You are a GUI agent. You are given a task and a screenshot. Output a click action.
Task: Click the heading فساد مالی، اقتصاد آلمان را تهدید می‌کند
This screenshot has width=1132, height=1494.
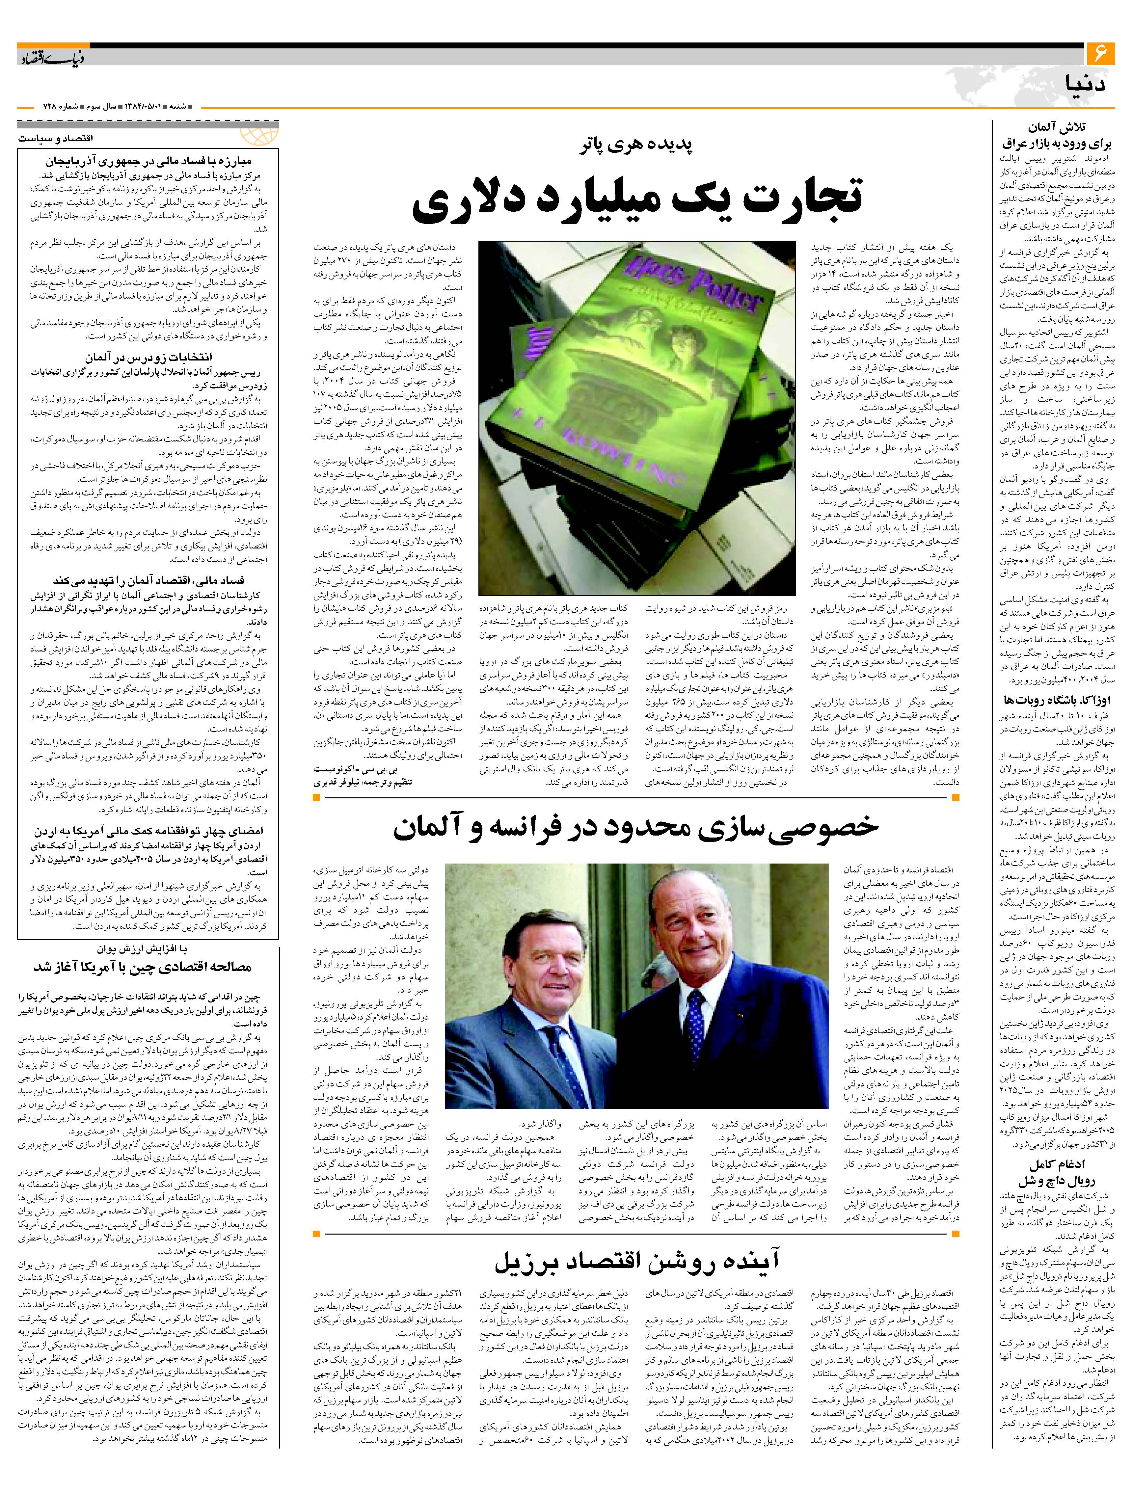point(148,581)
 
